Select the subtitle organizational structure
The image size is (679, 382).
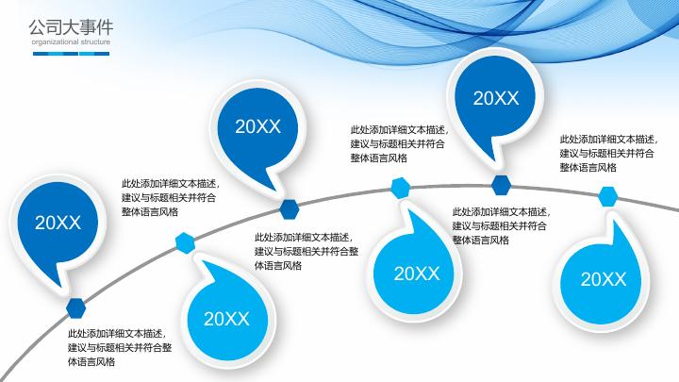70,42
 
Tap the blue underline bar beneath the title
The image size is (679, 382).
71,53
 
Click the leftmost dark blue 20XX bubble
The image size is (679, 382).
58,223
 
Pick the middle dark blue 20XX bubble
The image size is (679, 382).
257,126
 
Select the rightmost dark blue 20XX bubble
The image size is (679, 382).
495,97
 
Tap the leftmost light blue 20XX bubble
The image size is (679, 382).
226,319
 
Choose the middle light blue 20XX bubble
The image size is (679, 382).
416,274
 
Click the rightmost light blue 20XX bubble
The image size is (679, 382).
603,278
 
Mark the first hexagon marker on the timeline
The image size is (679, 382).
75,306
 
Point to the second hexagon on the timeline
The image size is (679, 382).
185,243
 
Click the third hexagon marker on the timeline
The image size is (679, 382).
289,207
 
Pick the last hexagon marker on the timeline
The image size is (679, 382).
608,196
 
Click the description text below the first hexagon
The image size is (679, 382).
119,347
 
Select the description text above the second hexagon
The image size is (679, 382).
169,197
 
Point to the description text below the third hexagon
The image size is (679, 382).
306,251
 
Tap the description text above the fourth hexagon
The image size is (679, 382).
398,143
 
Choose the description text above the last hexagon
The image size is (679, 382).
608,153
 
